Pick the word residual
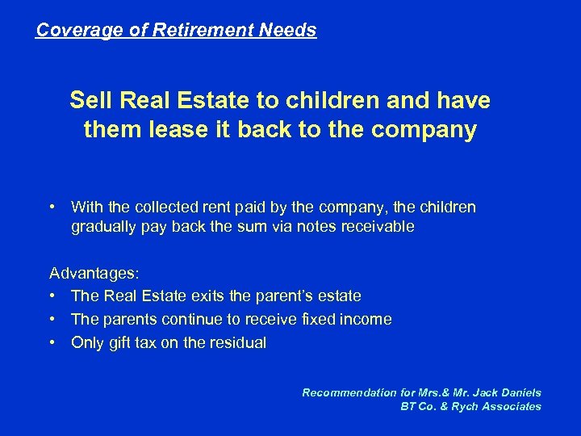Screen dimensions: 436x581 coord(236,342)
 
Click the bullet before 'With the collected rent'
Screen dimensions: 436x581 coord(53,208)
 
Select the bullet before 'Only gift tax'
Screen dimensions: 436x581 coord(53,342)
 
